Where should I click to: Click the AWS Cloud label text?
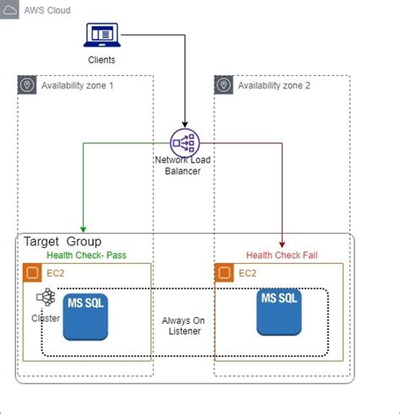point(47,10)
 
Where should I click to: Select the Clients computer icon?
point(101,35)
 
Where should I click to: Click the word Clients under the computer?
point(102,60)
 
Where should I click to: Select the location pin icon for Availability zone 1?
point(28,85)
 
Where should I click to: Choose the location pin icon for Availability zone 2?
point(224,85)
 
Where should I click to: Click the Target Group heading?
point(62,242)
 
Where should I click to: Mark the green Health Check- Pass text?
point(86,255)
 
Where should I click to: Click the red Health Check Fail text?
point(282,255)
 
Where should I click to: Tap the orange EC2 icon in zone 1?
point(32,272)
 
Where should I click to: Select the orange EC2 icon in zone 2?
point(224,272)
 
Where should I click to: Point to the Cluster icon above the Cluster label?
point(46,298)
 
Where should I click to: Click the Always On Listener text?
point(184,326)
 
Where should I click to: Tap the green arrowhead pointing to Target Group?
point(83,229)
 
